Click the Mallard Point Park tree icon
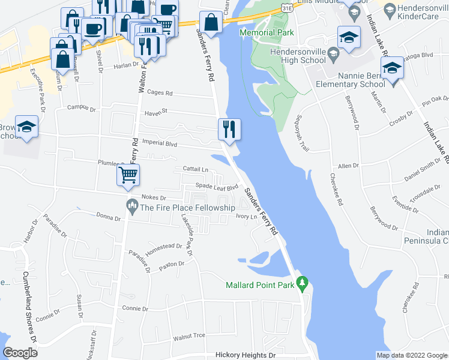[x=303, y=283]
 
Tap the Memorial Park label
[x=263, y=32]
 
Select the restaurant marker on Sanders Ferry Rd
[x=229, y=128]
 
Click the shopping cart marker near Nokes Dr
[x=128, y=175]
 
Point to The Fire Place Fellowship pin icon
[x=132, y=208]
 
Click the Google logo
[x=20, y=353]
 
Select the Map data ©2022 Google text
[x=412, y=355]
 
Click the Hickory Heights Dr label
[x=241, y=355]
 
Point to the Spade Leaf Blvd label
[x=213, y=187]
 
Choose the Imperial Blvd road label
[x=160, y=144]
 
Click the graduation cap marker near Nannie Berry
[x=393, y=68]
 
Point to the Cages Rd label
[x=160, y=93]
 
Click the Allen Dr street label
[x=348, y=165]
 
